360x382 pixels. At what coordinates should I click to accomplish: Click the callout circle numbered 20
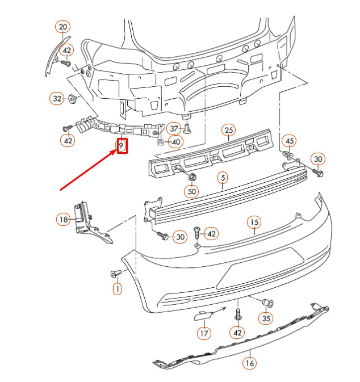coord(62,27)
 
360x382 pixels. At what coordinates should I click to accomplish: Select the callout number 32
coord(57,99)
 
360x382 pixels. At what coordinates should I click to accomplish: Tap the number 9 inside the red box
coord(121,146)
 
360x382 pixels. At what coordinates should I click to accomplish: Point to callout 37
coord(174,129)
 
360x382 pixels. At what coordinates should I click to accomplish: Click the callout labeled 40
coord(175,141)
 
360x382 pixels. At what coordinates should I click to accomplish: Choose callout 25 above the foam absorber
coord(228,131)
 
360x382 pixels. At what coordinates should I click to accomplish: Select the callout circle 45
coord(290,141)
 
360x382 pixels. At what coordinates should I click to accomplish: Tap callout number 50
coord(192,192)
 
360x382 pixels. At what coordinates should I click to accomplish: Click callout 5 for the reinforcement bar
coord(223,178)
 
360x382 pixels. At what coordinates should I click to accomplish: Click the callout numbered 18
coord(62,219)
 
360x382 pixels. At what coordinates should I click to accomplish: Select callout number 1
coord(117,289)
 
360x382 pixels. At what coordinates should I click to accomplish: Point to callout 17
coord(203,333)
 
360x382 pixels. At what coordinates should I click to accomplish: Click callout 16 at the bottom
coord(249,362)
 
